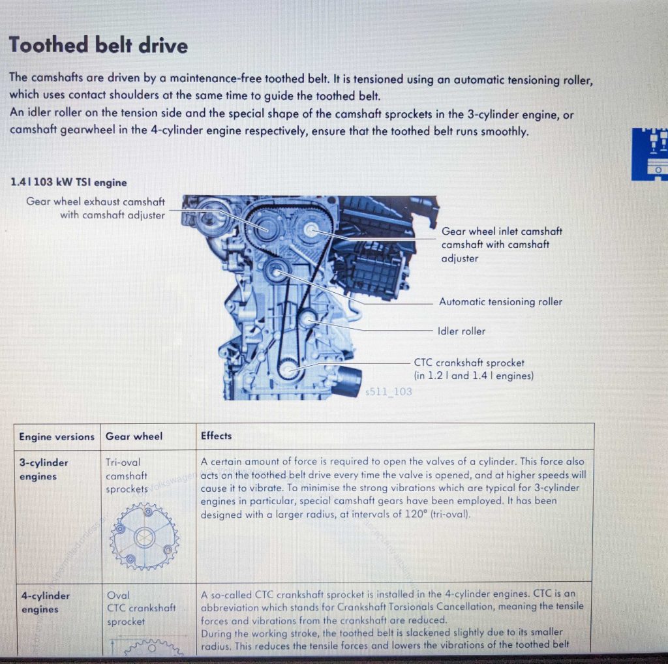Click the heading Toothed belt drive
pyautogui.click(x=99, y=46)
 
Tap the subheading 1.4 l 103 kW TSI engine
pyautogui.click(x=68, y=183)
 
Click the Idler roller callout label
pyautogui.click(x=461, y=331)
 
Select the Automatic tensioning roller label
pyautogui.click(x=500, y=301)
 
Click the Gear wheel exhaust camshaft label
pyautogui.click(x=96, y=208)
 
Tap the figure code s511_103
pyautogui.click(x=389, y=391)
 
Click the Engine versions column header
pyautogui.click(x=57, y=436)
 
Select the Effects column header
pyautogui.click(x=216, y=436)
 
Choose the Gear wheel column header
pyautogui.click(x=134, y=436)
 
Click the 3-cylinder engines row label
pyautogui.click(x=44, y=469)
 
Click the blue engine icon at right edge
pyautogui.click(x=650, y=154)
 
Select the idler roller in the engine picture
pyautogui.click(x=307, y=320)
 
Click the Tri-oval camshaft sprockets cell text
pyautogui.click(x=127, y=475)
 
